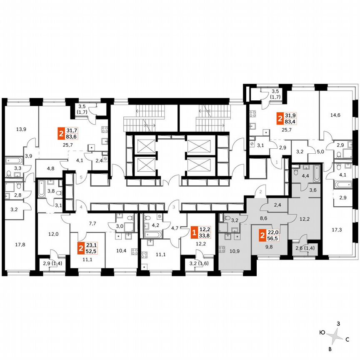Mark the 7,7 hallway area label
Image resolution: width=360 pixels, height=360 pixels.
[92, 223]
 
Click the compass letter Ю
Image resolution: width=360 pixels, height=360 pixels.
[322, 332]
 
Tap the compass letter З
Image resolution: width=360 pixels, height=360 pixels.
[339, 323]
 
